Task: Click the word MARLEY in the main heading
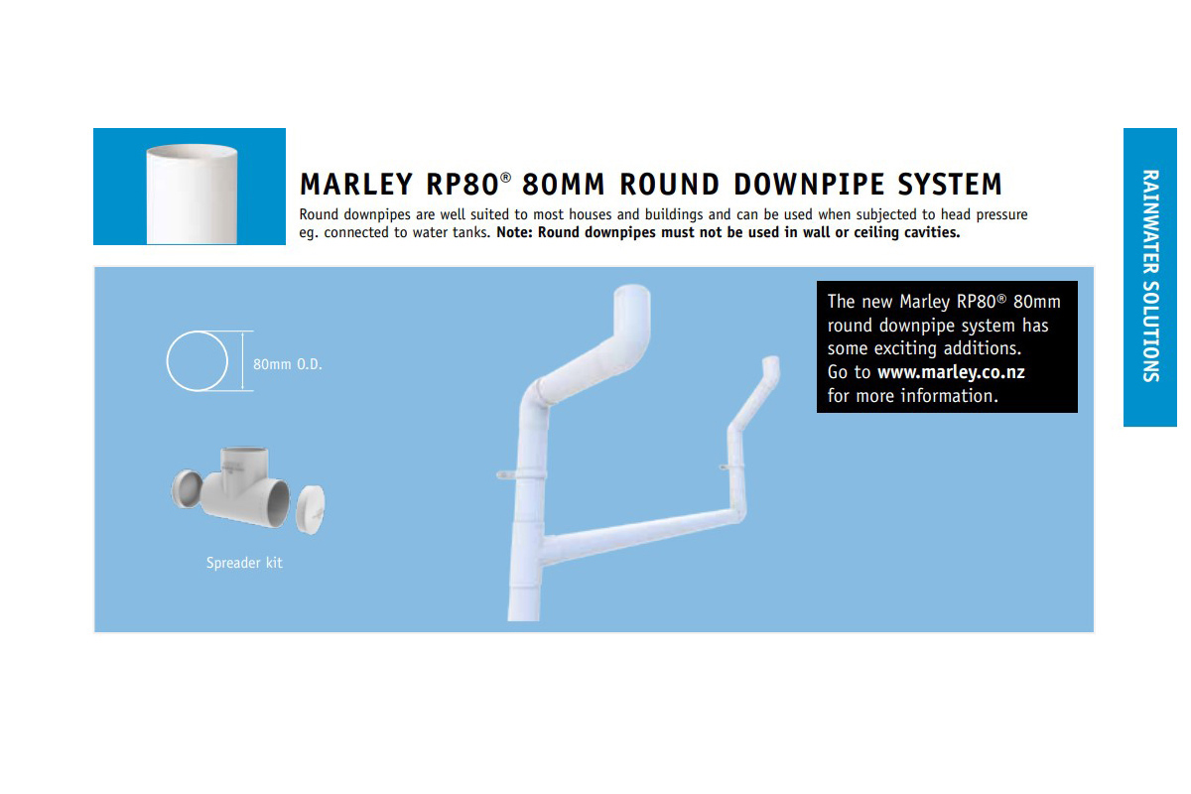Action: click(355, 184)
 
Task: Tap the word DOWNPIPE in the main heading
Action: click(810, 184)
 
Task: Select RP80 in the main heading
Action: click(463, 184)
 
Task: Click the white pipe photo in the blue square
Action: click(192, 195)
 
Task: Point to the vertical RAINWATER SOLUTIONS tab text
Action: click(1150, 276)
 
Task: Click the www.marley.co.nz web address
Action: click(951, 372)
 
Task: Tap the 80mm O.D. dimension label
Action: click(288, 364)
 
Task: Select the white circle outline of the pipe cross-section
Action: click(198, 331)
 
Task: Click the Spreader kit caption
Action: click(244, 563)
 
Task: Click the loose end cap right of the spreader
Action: click(310, 509)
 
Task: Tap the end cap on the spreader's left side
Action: click(187, 489)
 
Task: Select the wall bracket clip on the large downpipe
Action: click(518, 474)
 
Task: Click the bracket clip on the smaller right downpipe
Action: click(731, 466)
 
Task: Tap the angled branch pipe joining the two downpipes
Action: click(638, 535)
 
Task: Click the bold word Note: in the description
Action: click(514, 232)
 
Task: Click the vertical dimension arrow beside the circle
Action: click(242, 361)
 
